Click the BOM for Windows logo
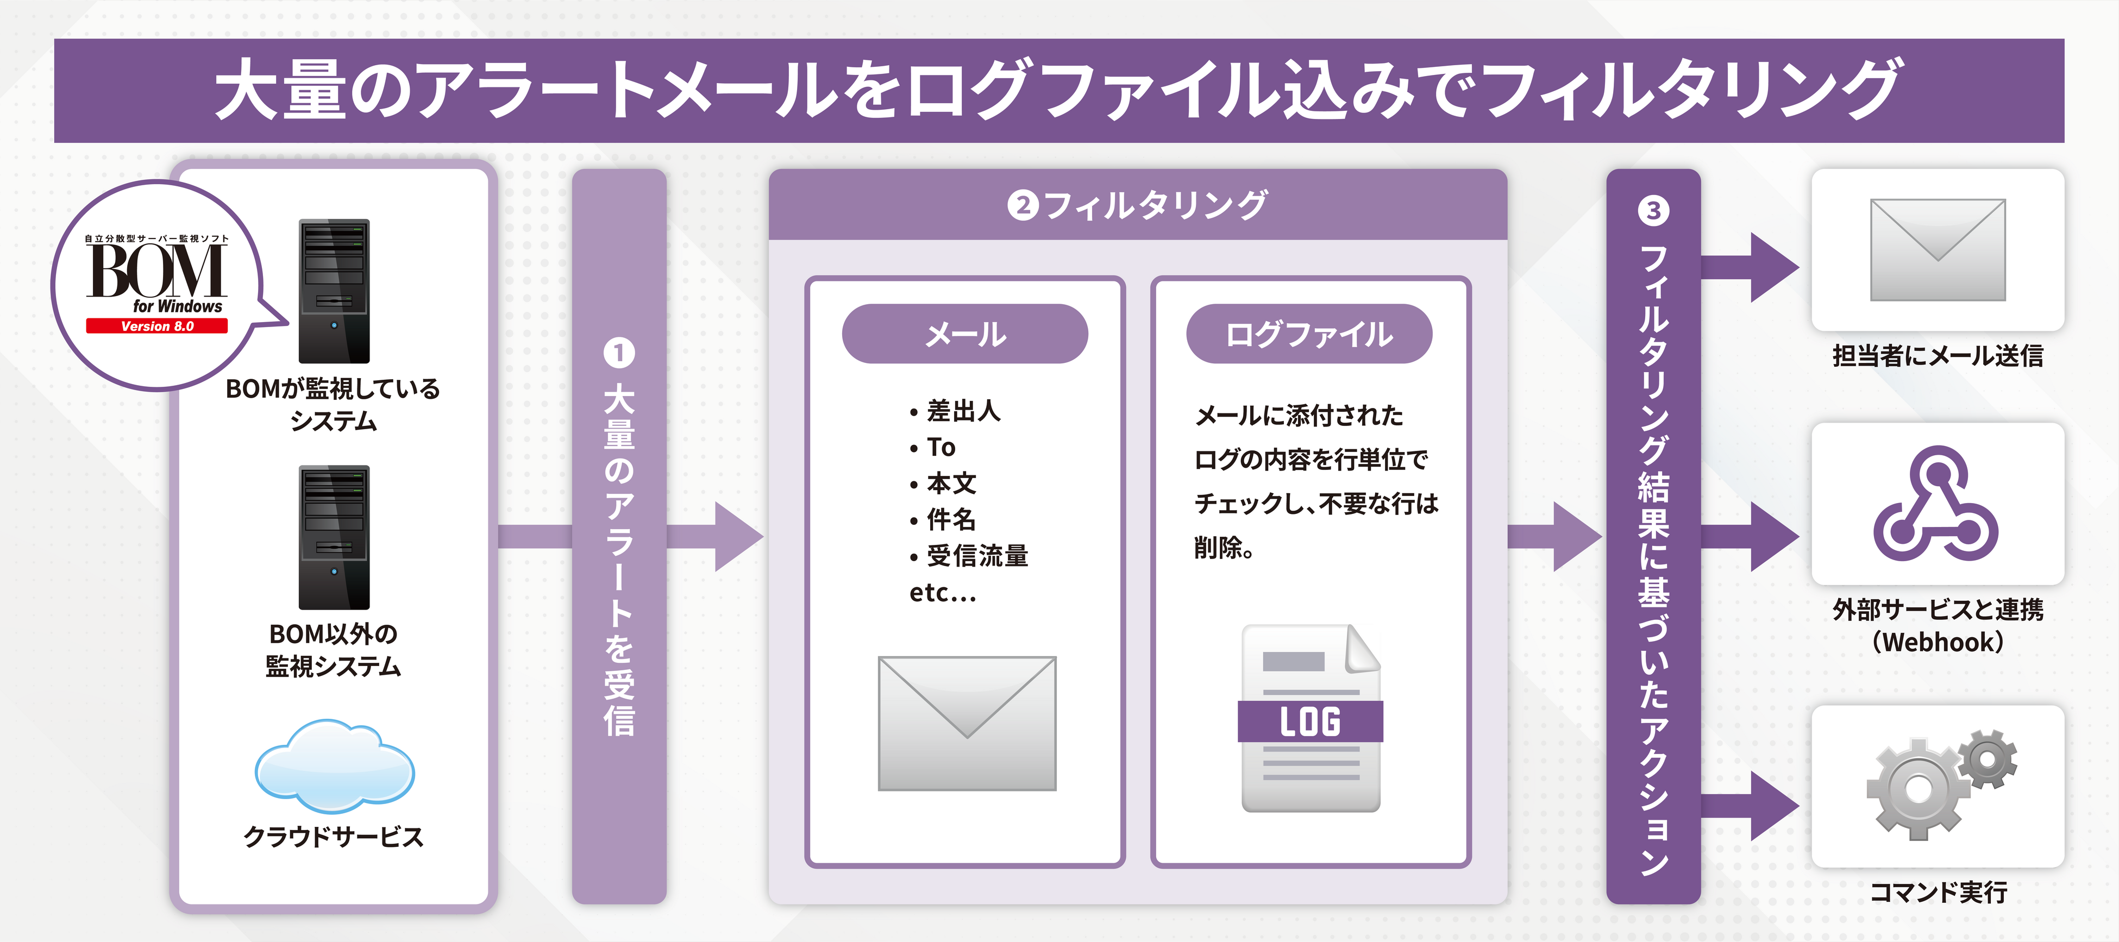tap(156, 275)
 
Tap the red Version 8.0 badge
tap(156, 326)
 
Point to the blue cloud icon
tap(335, 766)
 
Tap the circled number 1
tap(619, 353)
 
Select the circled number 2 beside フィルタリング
tap(1023, 205)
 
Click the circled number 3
tap(1653, 211)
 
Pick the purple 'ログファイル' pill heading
tap(1309, 334)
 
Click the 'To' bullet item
tap(940, 447)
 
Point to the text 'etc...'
tap(943, 592)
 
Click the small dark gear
tap(1988, 758)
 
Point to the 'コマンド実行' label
tap(1938, 892)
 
